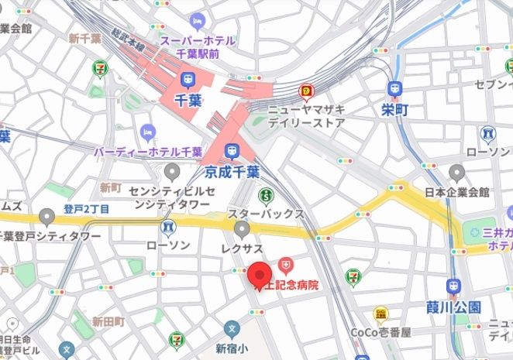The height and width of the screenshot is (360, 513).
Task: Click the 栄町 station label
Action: coord(394,110)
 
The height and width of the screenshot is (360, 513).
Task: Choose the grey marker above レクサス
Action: coord(242,228)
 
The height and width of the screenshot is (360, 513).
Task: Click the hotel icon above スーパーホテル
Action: coord(198,19)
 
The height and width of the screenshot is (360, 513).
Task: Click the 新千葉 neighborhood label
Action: coord(84,38)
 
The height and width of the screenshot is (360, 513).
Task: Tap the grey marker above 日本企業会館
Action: coord(456,172)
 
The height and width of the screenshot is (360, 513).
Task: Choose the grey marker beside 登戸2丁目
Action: coord(48,218)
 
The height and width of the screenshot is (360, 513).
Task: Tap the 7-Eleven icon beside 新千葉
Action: coord(99,68)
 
